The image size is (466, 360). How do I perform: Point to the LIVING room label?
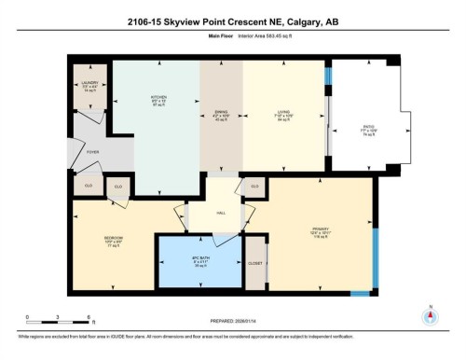point(281,111)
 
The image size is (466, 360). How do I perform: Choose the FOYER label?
point(93,150)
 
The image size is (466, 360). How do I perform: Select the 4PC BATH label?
point(198,262)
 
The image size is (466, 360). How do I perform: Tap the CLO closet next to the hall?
point(254,187)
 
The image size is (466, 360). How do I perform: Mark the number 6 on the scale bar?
point(89,317)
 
